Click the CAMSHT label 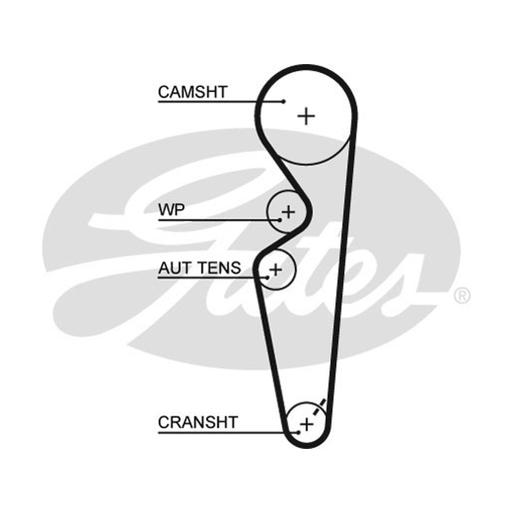pos(192,92)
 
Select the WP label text pos(171,210)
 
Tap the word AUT pos(176,268)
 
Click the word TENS pos(219,268)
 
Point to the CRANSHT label pos(198,423)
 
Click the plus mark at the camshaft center pos(307,116)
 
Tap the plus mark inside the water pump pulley pos(288,212)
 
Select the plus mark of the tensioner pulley pos(276,269)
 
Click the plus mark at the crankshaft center pos(307,425)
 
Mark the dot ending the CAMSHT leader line pos(283,101)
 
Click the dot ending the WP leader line pos(280,220)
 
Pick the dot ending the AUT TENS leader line pos(267,278)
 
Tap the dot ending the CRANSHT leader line pos(298,432)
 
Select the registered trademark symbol pos(462,296)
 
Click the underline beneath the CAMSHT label pos(221,102)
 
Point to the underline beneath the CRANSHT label pos(228,433)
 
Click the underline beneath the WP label pos(219,220)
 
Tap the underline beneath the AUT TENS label pos(213,278)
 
